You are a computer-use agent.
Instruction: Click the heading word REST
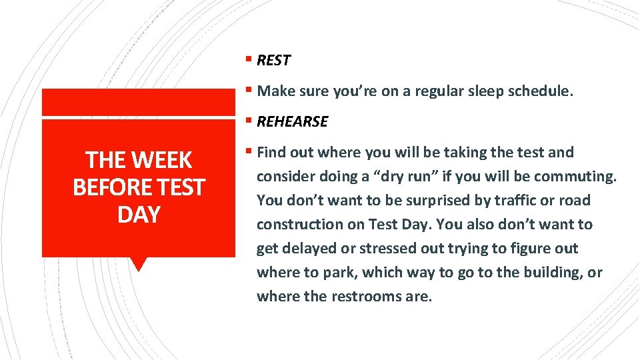click(x=273, y=61)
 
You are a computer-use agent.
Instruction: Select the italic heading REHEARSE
click(x=292, y=122)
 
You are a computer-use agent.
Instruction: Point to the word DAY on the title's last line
click(x=139, y=215)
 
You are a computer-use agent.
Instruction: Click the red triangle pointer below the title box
click(x=139, y=265)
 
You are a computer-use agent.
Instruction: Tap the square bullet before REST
click(x=248, y=60)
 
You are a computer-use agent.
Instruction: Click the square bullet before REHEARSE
click(x=248, y=121)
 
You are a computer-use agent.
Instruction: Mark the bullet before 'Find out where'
click(x=248, y=152)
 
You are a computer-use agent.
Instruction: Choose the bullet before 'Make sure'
click(x=248, y=91)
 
